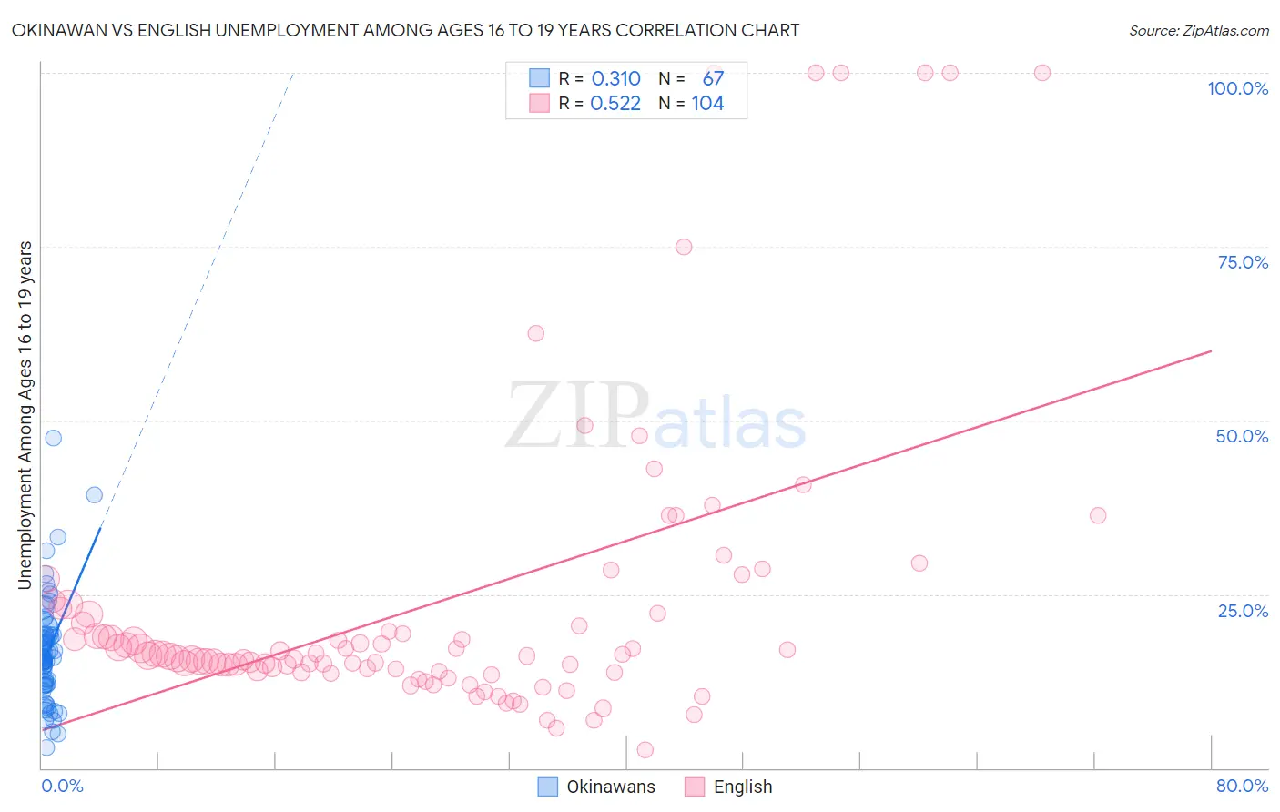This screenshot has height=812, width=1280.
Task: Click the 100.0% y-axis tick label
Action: (x=1237, y=88)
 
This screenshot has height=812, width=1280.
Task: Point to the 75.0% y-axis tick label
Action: (x=1243, y=262)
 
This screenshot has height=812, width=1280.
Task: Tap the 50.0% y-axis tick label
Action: (x=1242, y=436)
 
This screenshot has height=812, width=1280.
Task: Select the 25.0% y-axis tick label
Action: (x=1243, y=611)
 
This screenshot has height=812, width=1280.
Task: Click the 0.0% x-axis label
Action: (x=62, y=786)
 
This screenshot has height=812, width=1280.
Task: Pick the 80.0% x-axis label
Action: (x=1242, y=786)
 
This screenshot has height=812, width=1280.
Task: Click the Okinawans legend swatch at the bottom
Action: (x=547, y=787)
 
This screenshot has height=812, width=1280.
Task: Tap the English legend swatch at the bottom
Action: (x=695, y=787)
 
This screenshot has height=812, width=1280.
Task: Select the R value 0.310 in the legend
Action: (x=616, y=79)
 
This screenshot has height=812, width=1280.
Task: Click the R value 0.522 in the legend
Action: (x=616, y=104)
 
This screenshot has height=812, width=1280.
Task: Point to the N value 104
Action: (x=707, y=104)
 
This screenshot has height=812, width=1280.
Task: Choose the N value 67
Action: (x=713, y=79)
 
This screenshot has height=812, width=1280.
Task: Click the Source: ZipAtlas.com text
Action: (x=1198, y=31)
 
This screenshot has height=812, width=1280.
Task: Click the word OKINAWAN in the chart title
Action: (x=62, y=31)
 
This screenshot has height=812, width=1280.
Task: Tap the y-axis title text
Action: (x=25, y=415)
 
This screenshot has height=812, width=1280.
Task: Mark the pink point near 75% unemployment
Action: (x=684, y=247)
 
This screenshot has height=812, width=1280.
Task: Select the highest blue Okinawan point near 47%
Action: (x=54, y=438)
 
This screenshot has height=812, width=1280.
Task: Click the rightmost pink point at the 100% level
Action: (x=1042, y=73)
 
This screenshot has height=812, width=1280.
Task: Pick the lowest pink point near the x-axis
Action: (x=645, y=750)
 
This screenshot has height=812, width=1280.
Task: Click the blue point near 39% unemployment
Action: (x=94, y=495)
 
